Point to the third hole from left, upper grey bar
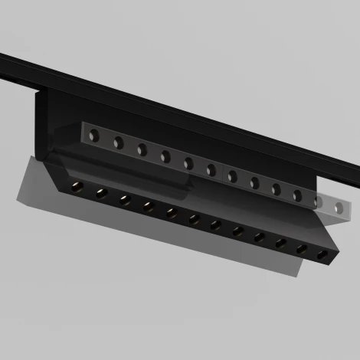tap(142, 149)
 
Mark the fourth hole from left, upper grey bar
tap(165, 155)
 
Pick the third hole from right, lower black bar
tap(281, 243)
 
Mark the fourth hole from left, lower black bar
tap(148, 205)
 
